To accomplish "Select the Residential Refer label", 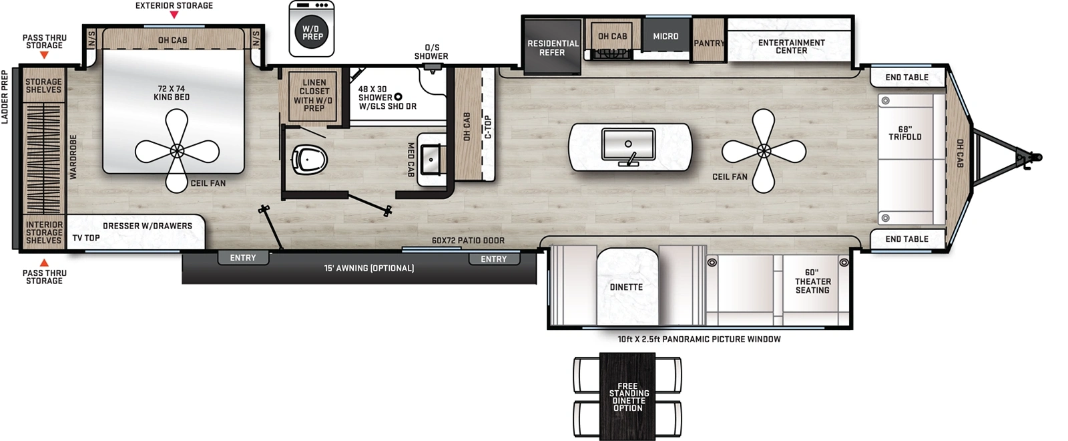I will coord(553,47).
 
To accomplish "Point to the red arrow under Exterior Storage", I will coord(174,15).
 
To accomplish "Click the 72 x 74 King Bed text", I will coord(172,93).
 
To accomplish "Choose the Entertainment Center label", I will coord(791,46).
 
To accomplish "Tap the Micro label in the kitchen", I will coord(665,36).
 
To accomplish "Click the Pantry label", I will coord(708,43).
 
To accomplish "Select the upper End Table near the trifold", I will coord(906,78).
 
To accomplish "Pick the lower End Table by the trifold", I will coord(906,239).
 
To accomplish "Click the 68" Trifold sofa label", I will coord(904,133).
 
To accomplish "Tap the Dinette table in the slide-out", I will coord(626,287).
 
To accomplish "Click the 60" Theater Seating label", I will coord(812,281).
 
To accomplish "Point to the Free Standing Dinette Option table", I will coord(627,396).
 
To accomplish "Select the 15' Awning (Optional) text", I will coord(369,268).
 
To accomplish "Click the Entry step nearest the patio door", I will coord(493,259).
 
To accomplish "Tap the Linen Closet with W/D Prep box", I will coord(314,96).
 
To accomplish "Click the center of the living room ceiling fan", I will coord(764,152).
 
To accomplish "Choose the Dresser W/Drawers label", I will coord(147,226).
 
